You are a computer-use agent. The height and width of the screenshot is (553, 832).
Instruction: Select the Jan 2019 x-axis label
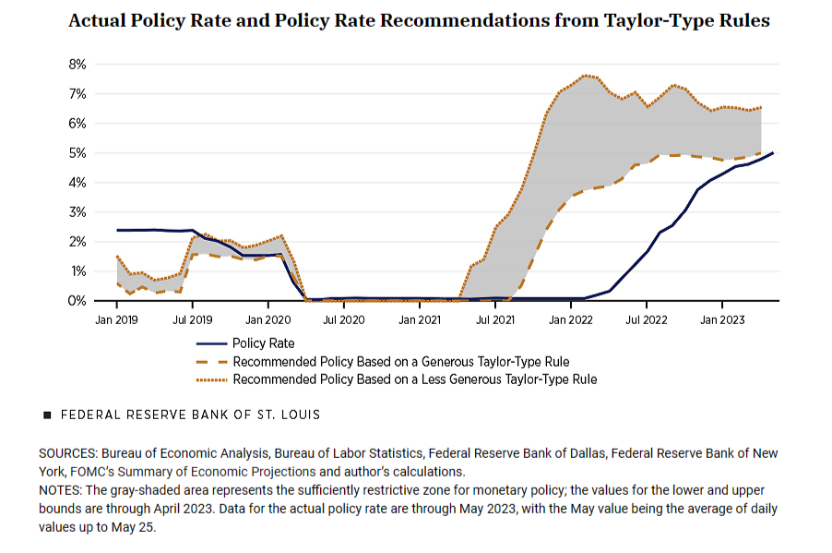coord(116,319)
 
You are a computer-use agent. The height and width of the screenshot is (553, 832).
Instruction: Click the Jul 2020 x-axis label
coord(343,319)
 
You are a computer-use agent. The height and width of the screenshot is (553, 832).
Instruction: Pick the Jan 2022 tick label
coord(570,319)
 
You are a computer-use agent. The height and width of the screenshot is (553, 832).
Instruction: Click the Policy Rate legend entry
coord(263,343)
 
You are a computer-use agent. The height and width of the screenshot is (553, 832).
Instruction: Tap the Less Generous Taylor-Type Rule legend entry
coord(414,379)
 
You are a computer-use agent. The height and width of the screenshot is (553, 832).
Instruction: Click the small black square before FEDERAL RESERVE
coord(47,415)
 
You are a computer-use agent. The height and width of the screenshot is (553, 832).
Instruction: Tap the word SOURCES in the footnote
coord(68,454)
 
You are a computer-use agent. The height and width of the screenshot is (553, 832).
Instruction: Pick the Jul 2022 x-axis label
coord(646,319)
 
